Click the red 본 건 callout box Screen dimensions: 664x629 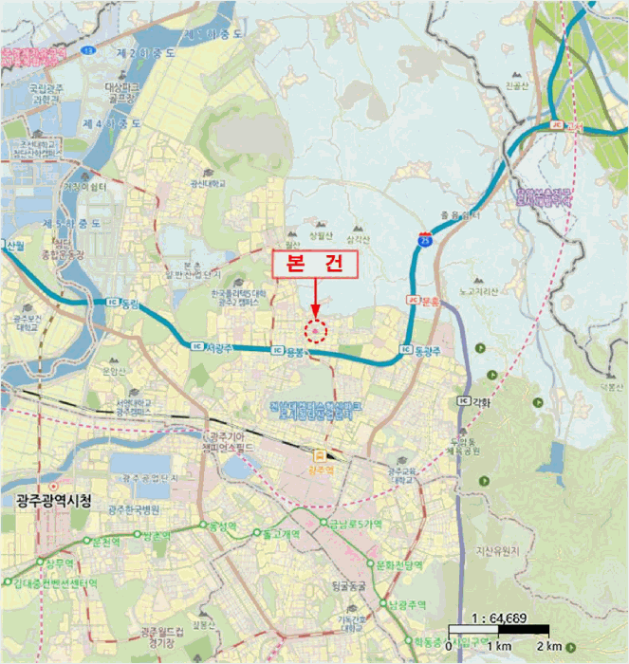click(x=314, y=265)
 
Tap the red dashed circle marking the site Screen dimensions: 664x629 click(x=315, y=330)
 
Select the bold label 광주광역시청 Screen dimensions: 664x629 click(x=46, y=501)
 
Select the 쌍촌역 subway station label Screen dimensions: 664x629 click(x=154, y=536)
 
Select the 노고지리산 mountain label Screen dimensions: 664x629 click(x=478, y=291)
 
